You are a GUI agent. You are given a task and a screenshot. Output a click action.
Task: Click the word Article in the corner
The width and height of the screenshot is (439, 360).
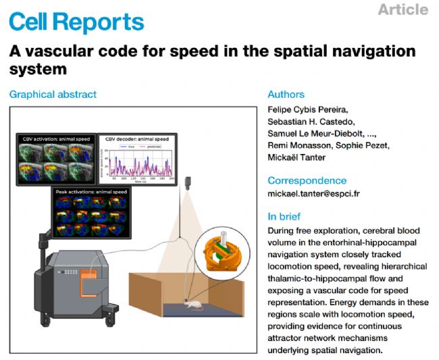point(403,9)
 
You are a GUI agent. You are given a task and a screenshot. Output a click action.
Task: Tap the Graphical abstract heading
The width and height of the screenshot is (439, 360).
point(53,95)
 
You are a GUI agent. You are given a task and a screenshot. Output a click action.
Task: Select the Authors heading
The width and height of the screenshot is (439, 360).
point(286,95)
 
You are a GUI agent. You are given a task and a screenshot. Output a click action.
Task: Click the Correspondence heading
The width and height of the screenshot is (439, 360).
point(307,180)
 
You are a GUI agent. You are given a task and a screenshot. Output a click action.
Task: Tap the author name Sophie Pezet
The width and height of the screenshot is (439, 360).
point(367,146)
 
